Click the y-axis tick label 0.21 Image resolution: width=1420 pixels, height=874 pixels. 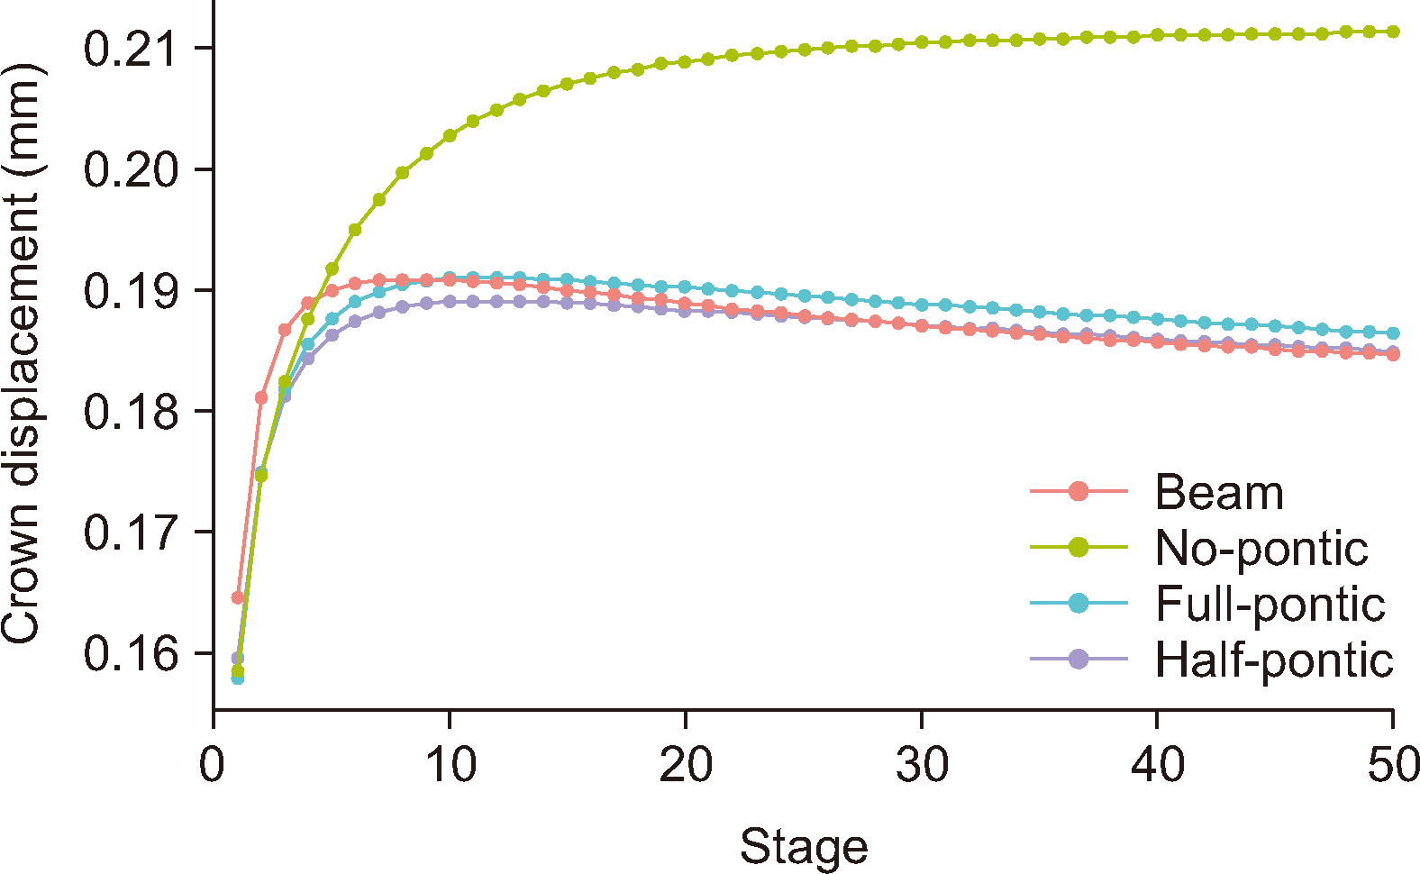point(129,49)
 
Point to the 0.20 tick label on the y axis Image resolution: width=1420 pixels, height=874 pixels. point(129,169)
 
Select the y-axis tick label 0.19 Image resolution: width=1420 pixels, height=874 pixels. point(129,291)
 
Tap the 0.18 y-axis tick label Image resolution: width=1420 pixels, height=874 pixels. point(129,412)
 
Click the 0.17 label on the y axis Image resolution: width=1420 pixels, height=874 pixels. point(129,533)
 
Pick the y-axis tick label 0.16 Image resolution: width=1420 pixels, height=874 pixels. point(129,653)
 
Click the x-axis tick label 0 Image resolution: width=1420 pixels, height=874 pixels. point(214,765)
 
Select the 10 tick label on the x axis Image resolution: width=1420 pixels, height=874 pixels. point(450,765)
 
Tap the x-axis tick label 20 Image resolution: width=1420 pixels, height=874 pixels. point(686,765)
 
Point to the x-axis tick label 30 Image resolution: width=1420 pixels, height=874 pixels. point(922,765)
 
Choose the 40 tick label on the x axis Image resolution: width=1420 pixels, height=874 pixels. point(1158,765)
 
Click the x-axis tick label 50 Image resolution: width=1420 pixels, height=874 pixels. point(1393,765)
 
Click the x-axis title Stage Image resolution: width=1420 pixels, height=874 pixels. point(804,848)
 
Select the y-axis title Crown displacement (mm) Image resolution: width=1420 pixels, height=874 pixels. point(22,353)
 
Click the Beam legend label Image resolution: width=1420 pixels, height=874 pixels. point(1219,493)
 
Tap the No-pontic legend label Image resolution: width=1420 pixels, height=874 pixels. point(1261,549)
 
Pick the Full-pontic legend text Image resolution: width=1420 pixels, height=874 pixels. point(1270,605)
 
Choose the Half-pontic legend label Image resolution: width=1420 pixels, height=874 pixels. point(1274,660)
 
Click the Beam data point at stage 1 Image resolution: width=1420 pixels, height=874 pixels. point(238,597)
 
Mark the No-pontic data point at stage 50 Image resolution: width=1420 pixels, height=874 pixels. point(1393,32)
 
